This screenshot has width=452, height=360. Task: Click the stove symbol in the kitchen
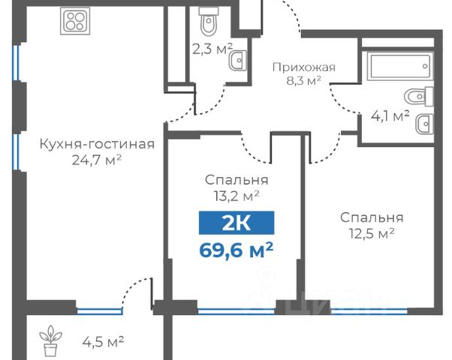click(x=75, y=21)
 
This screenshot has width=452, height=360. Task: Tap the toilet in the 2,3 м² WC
click(x=209, y=21)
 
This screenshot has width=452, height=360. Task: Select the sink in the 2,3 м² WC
click(x=238, y=61)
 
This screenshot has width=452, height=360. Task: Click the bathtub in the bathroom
click(x=400, y=66)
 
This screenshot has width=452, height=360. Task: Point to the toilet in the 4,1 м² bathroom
click(x=419, y=97)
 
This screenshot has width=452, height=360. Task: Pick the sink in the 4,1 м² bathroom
click(x=424, y=124)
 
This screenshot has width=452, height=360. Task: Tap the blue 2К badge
click(x=237, y=223)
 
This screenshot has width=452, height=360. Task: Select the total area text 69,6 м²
click(x=236, y=250)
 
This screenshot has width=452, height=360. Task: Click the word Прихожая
click(x=304, y=67)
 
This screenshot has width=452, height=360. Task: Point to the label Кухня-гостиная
click(x=97, y=144)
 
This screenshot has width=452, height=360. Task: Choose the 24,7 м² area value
click(x=97, y=160)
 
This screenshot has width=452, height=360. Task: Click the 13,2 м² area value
click(x=237, y=196)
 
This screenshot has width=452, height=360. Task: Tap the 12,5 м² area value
click(x=372, y=233)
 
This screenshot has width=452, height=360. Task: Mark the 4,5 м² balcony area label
click(x=103, y=342)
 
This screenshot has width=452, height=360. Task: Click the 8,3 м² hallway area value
click(x=303, y=81)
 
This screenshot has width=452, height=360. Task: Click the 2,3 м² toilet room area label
click(x=212, y=49)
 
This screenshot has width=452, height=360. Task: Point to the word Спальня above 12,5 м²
click(x=372, y=217)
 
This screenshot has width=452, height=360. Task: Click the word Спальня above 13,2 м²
click(x=237, y=180)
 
